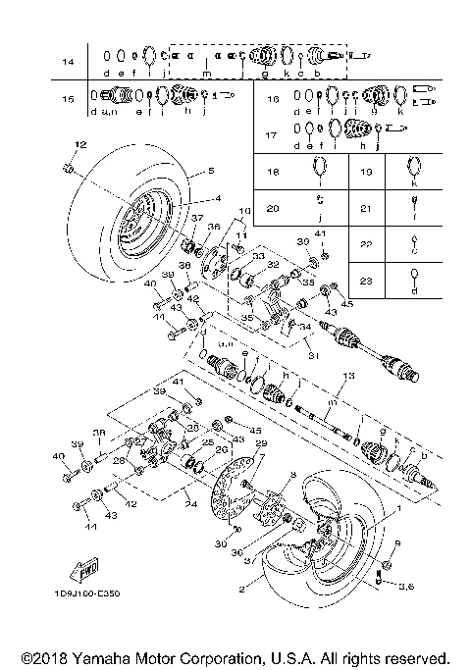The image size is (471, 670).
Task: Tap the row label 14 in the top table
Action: coord(68,62)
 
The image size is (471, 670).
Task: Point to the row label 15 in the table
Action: coord(68,99)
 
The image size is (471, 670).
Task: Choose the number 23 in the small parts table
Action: coord(366,281)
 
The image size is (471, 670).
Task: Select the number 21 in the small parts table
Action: coord(366,208)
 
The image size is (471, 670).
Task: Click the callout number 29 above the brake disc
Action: coord(260,444)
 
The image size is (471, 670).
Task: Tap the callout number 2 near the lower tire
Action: coord(240,591)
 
